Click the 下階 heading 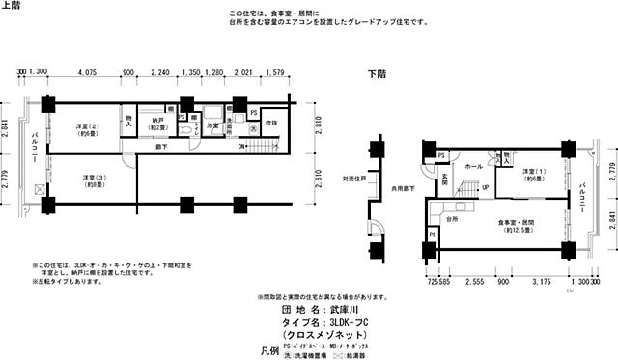point(379,73)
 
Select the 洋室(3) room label point(94,180)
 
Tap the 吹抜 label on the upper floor point(270,123)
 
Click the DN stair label point(242,148)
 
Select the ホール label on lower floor point(474,167)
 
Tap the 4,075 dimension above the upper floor point(86,71)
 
